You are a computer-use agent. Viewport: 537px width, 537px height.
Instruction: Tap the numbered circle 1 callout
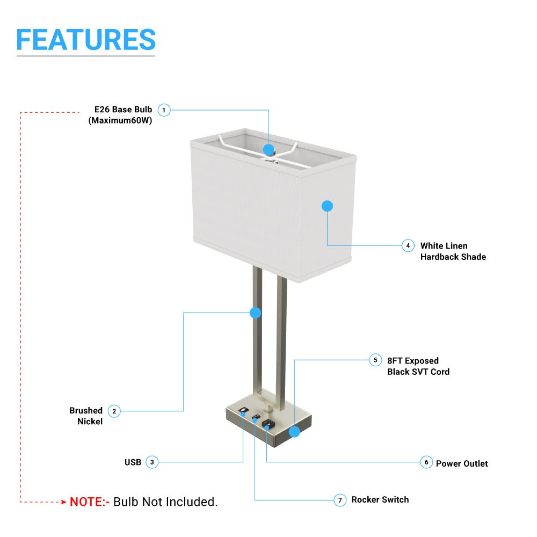click(164, 110)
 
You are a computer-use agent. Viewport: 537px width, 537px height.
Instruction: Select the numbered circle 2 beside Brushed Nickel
click(114, 411)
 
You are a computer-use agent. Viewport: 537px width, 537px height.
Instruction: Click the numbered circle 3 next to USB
click(152, 462)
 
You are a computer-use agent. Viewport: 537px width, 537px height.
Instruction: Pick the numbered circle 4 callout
click(408, 245)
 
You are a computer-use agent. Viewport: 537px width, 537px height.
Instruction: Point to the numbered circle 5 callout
click(375, 360)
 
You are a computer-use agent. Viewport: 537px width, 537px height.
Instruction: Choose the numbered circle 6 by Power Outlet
click(426, 462)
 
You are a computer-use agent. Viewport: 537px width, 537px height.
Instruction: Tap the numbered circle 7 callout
click(339, 500)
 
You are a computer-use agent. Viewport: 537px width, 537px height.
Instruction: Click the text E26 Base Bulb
click(123, 110)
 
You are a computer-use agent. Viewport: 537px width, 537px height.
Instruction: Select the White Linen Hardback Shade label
click(453, 251)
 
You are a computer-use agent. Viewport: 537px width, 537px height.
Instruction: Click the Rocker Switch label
click(380, 500)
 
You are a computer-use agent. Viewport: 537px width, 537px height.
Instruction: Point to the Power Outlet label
click(462, 463)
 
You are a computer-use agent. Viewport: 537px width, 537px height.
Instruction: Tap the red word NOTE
click(89, 502)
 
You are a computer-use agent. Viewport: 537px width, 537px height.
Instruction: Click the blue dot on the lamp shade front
click(327, 206)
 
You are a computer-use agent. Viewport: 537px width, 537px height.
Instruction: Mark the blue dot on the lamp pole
click(256, 313)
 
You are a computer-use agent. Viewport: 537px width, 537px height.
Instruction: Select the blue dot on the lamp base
click(294, 432)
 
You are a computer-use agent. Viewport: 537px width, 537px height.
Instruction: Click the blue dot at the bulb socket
click(269, 149)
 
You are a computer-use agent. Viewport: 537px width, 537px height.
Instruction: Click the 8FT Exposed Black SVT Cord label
click(418, 366)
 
